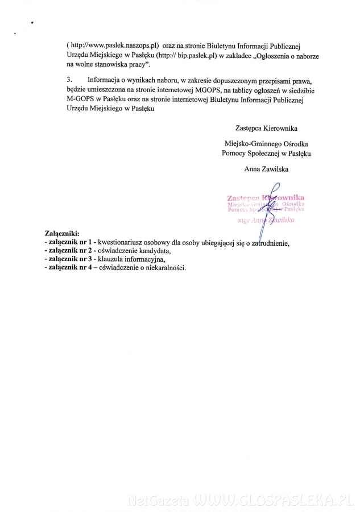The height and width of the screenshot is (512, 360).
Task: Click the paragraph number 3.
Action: (69, 81)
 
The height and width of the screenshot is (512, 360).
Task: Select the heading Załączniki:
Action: (62, 233)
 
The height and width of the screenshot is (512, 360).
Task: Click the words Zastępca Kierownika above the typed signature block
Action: (266, 128)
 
